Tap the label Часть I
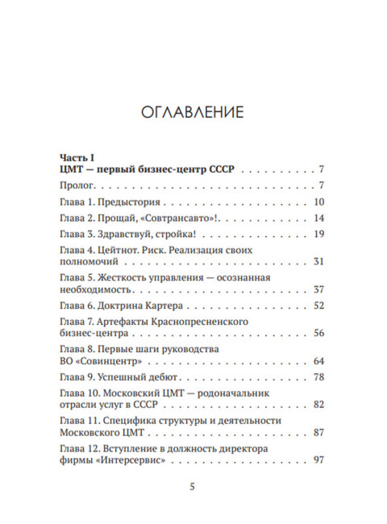78,156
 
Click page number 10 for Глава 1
318,202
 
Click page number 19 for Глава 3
318,234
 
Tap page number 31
318,262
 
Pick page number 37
318,289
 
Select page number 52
318,306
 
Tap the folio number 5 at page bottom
192,487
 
